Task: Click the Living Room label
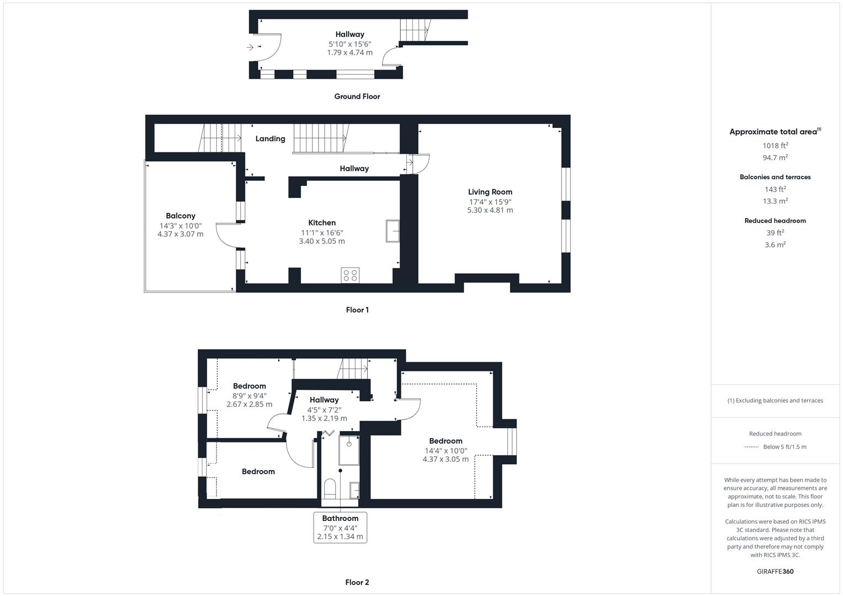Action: click(490, 192)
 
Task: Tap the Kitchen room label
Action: click(322, 223)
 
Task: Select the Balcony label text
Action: click(181, 216)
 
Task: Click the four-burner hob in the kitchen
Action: click(350, 275)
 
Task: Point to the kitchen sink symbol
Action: click(393, 231)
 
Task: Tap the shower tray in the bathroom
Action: click(349, 450)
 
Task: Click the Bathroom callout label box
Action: click(340, 527)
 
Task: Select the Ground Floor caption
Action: click(357, 97)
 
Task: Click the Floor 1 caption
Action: click(357, 310)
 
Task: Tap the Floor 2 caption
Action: click(357, 582)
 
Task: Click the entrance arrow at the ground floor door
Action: click(250, 47)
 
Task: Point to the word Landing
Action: click(270, 139)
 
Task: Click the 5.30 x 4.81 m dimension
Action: click(490, 210)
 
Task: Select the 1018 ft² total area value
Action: click(775, 146)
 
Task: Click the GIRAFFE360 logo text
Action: click(775, 572)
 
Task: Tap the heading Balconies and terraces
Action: click(775, 177)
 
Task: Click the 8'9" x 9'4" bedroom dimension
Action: click(249, 396)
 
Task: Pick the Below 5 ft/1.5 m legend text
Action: click(784, 447)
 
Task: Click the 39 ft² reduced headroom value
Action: click(775, 233)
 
